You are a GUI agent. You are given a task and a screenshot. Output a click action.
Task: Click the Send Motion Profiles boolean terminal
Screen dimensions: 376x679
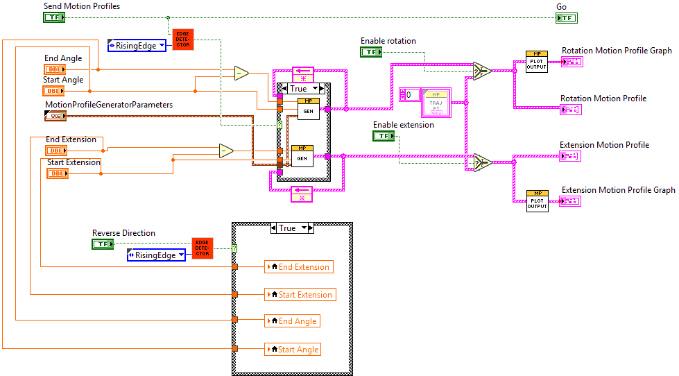(53, 17)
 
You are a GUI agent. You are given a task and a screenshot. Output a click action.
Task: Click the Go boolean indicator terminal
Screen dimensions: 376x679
(566, 17)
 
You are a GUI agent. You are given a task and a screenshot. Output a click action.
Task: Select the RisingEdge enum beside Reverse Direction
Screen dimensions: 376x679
(156, 255)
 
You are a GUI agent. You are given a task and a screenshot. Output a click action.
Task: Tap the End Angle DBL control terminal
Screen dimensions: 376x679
(54, 69)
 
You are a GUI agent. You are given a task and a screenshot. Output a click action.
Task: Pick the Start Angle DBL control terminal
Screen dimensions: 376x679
(54, 91)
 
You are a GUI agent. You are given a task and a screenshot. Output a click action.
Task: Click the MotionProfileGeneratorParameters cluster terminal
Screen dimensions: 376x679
(55, 116)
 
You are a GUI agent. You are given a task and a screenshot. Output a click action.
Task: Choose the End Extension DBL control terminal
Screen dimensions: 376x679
(56, 151)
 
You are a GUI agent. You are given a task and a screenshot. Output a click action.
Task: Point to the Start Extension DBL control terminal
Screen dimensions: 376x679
(57, 173)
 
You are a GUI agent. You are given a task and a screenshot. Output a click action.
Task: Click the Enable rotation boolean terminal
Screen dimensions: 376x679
(371, 52)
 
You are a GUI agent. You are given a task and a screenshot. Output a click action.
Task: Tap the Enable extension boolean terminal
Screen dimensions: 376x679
(384, 136)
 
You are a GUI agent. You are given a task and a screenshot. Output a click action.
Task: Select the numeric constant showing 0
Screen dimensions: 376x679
(409, 94)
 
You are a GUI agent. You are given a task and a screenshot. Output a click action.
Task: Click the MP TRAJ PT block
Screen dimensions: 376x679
(436, 103)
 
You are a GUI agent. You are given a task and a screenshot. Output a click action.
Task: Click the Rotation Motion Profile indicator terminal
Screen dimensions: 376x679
(571, 109)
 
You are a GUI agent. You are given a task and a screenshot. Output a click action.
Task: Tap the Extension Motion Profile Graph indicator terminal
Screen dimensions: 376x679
(570, 201)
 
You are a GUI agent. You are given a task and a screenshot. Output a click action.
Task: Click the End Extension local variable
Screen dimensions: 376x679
(298, 267)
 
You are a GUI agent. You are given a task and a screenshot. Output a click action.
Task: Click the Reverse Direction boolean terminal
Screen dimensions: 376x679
(102, 244)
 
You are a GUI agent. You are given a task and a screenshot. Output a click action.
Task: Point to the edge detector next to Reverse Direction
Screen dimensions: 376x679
(203, 248)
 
